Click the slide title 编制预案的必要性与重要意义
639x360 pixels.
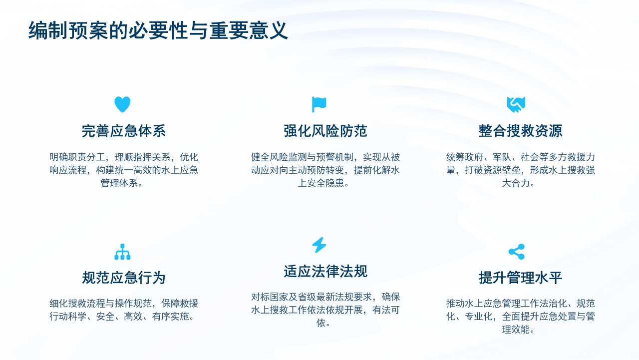158,30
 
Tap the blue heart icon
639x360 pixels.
122,104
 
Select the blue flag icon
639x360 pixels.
319,104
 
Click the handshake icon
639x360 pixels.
516,104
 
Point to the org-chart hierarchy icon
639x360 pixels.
122,252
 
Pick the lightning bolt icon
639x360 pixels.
319,245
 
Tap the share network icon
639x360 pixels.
516,252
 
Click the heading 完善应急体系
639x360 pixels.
123,131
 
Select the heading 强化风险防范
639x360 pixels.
325,131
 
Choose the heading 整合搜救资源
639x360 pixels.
520,131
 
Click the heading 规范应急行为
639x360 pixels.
123,278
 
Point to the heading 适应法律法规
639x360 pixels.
325,271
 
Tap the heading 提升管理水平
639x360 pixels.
520,278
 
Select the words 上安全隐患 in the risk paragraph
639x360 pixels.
321,183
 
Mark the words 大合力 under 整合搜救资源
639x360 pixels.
516,183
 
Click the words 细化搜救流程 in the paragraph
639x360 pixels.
77,303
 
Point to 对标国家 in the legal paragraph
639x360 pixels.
270,297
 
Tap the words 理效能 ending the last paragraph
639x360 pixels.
516,330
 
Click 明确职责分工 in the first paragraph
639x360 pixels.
77,157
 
